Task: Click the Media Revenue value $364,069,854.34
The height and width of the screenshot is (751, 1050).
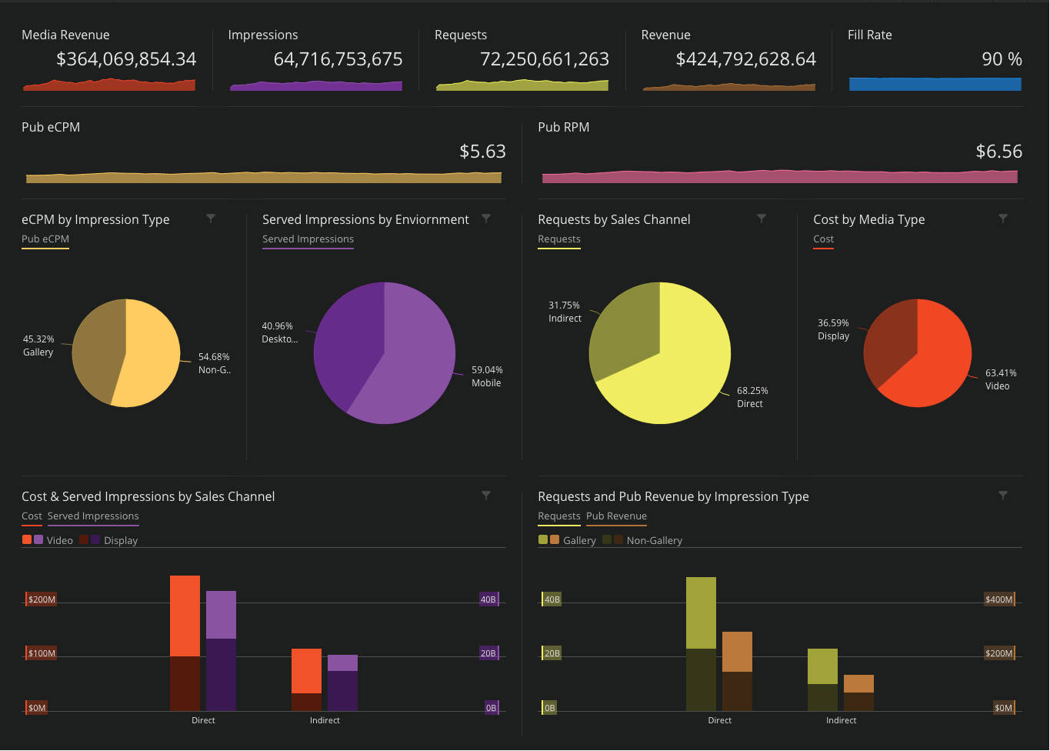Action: pos(126,59)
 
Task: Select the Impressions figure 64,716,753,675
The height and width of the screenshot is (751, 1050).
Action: pos(338,59)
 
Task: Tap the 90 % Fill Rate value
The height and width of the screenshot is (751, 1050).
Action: pos(1002,59)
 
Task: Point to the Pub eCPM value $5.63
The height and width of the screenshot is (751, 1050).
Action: pos(482,152)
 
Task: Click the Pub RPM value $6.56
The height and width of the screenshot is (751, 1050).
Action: pos(998,152)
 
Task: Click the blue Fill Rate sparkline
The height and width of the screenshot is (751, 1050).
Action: pos(935,84)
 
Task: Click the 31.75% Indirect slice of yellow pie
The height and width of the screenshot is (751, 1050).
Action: pos(623,331)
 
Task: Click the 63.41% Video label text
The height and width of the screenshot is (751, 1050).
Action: pos(1000,379)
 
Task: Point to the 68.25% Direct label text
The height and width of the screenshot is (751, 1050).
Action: pos(752,397)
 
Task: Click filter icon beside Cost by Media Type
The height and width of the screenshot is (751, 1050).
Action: pos(1003,219)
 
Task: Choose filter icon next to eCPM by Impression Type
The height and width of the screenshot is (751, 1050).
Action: pos(211,219)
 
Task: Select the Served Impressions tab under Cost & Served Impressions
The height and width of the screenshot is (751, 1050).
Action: pos(93,516)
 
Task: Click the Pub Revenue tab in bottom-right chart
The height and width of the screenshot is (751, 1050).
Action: pos(616,516)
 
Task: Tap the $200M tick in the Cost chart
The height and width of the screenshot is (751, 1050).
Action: pos(42,599)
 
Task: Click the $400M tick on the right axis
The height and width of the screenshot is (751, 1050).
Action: pos(998,599)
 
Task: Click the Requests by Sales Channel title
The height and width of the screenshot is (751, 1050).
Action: pos(614,219)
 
